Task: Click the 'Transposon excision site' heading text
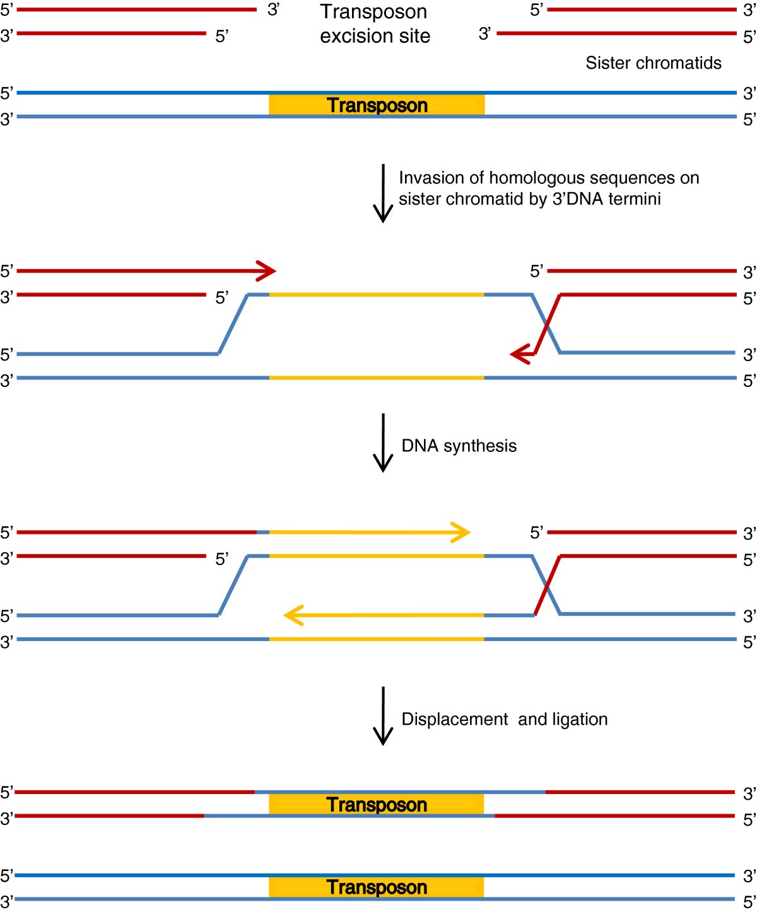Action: tap(375, 24)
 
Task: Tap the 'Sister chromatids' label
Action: tap(653, 63)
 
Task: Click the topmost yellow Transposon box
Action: tap(377, 105)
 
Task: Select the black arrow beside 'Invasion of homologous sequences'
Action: tap(383, 193)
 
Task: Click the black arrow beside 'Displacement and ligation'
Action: tap(383, 715)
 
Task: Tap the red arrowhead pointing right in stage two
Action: tap(267, 271)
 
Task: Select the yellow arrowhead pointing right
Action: tap(461, 532)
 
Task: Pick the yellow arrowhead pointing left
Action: tap(293, 615)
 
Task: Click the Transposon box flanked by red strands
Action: tap(377, 804)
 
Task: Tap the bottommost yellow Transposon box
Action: tap(377, 887)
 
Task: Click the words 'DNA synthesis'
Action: tap(459, 446)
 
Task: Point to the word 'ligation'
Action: tap(579, 719)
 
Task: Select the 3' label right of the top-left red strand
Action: tap(273, 10)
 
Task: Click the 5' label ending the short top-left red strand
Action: tap(221, 37)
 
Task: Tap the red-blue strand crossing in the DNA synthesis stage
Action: tap(547, 586)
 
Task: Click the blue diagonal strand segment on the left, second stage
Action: tap(233, 324)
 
